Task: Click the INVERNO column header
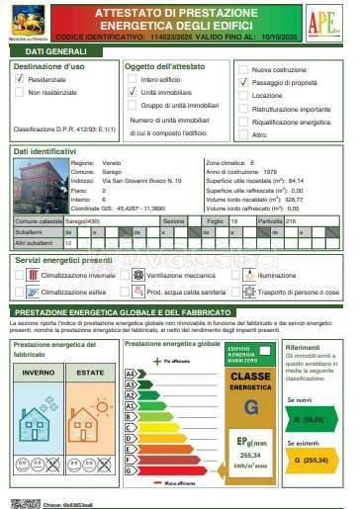point(39,372)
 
